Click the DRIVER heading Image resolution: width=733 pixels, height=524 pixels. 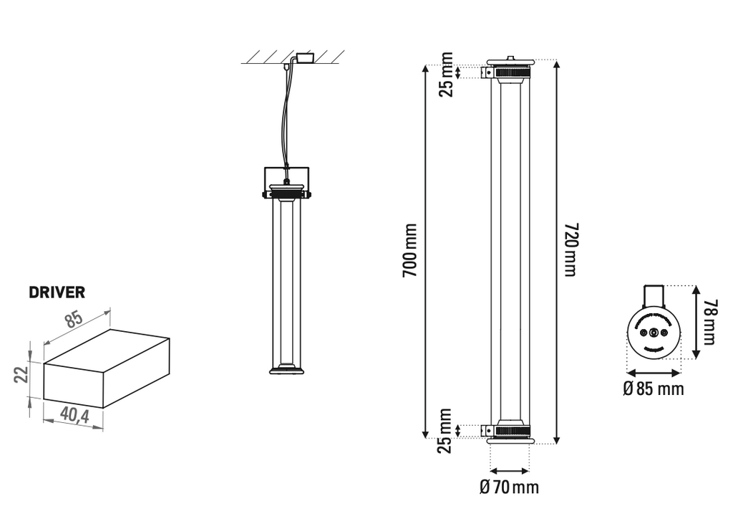(57, 292)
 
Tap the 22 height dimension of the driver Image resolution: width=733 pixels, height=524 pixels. (21, 374)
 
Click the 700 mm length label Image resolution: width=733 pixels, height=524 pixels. (409, 251)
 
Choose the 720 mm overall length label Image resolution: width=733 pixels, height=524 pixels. (570, 249)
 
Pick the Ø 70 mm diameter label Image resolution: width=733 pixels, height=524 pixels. (509, 487)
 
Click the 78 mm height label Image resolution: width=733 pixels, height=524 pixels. (709, 322)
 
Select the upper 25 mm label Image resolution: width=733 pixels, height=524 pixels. (447, 74)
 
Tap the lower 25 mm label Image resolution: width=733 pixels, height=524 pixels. (445, 431)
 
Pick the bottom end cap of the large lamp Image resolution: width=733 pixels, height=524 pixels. (510, 434)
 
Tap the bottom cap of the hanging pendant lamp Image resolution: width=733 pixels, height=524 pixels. (286, 370)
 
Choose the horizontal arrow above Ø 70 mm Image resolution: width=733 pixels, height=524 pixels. (509, 471)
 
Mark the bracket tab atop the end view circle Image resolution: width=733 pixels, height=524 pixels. (653, 294)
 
